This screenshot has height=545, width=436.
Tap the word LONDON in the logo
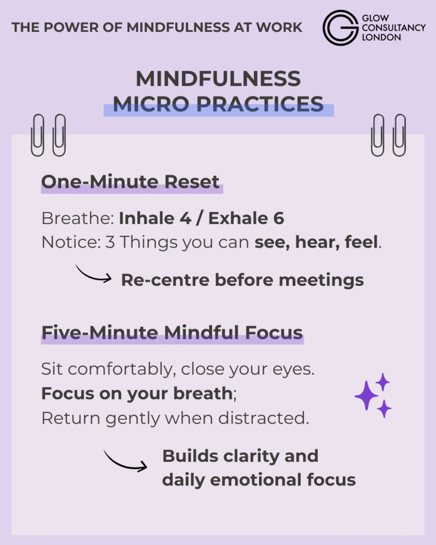point(381,38)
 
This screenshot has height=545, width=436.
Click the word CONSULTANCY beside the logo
point(393,28)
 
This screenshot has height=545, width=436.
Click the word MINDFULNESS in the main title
point(218,79)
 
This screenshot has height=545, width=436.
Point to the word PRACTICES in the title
point(260,104)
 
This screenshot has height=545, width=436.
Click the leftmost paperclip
point(38,135)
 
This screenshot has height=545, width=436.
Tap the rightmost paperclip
point(399,135)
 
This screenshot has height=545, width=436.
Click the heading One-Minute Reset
point(130,182)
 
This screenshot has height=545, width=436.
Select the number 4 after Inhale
point(186,218)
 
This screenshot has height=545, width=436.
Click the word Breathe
point(78,218)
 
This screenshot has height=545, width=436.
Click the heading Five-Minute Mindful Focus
point(172,333)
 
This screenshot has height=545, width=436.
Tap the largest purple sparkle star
point(366,395)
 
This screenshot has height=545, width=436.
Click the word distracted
point(264,418)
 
